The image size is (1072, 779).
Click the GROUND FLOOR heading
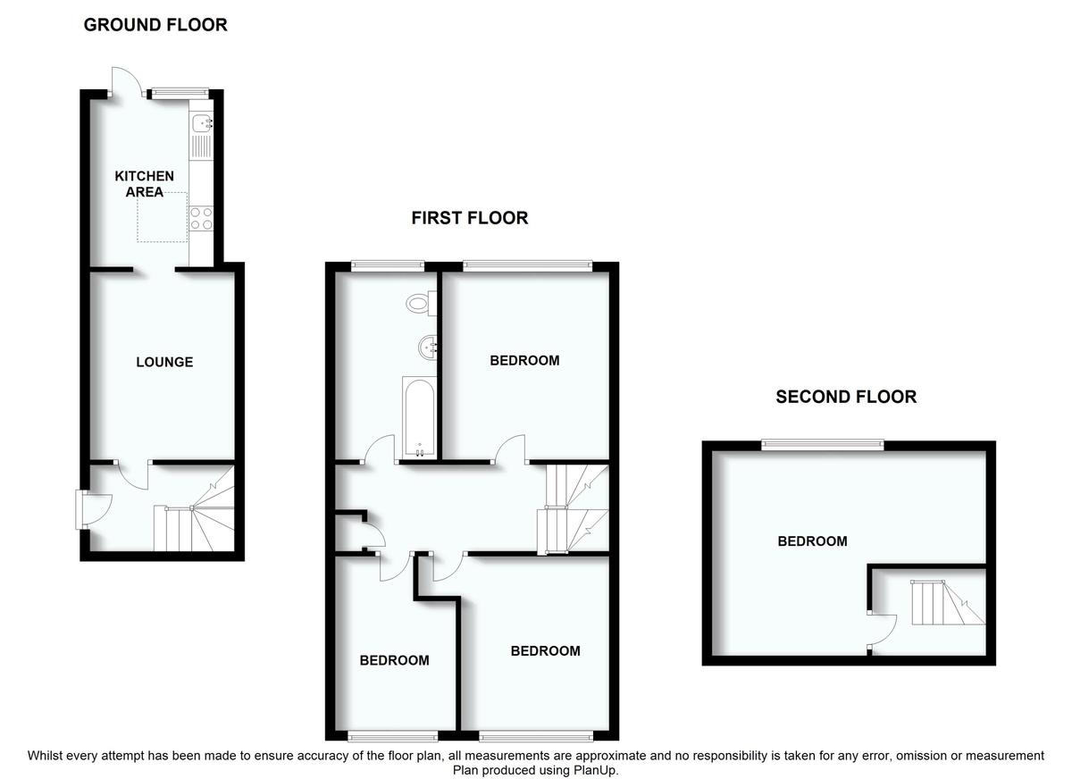(x=155, y=25)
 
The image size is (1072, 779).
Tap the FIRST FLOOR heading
(x=470, y=218)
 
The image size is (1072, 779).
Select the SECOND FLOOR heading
(x=846, y=397)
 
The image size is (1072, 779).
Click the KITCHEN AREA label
(x=144, y=184)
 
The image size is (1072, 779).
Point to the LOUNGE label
(x=164, y=362)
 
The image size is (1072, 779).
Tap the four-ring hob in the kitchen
(x=201, y=218)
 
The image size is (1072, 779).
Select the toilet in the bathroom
(x=421, y=304)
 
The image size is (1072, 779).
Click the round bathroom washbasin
(x=428, y=348)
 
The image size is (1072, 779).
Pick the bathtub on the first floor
(x=419, y=417)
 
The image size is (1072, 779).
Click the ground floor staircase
(x=194, y=515)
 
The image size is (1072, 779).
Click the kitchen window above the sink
(x=180, y=93)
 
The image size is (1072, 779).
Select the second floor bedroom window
(x=823, y=445)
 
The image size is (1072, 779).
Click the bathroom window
(x=388, y=266)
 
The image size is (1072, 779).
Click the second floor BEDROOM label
(x=812, y=541)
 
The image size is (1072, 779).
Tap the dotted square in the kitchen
(x=163, y=217)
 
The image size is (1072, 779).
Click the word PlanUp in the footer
(x=596, y=770)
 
